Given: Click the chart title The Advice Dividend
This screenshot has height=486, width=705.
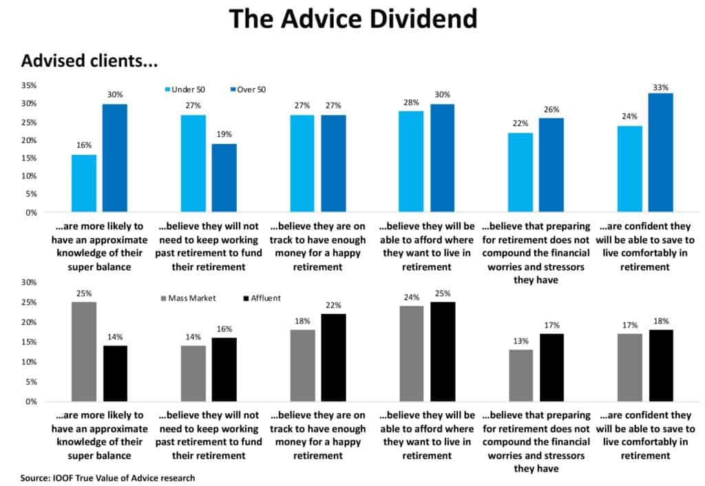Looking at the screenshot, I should tap(352, 19).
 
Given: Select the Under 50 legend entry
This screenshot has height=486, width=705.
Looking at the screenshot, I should tap(186, 89).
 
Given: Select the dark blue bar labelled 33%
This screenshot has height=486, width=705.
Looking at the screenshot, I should tap(660, 152).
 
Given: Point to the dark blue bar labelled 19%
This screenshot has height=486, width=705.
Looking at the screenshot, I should tap(224, 178).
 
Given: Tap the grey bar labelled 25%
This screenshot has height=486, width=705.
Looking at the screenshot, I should tap(84, 351).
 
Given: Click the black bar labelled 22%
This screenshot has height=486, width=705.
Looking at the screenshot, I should tap(333, 357).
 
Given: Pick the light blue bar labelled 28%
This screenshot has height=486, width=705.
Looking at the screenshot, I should tap(411, 161).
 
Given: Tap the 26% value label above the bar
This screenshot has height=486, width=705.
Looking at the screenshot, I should tap(551, 109).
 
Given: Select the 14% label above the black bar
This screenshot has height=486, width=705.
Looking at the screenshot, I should tap(115, 337).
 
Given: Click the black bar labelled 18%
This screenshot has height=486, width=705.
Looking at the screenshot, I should tap(660, 365).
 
